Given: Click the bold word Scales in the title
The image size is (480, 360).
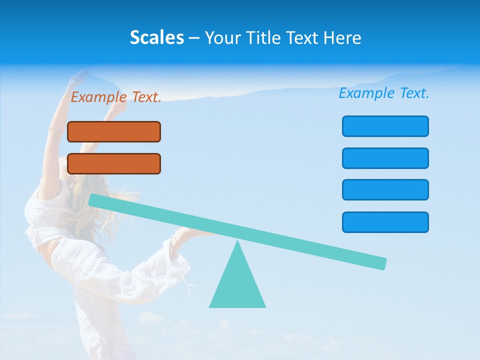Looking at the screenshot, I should coord(156,38).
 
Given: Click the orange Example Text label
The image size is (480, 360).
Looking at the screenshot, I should coord(116,97).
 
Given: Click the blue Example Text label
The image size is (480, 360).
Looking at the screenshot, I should coord(384,93).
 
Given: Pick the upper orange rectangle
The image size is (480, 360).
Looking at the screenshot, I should coord(114,131).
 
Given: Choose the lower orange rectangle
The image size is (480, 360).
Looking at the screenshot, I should coord(114,163).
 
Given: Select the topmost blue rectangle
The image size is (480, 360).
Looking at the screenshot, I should coord(385,126).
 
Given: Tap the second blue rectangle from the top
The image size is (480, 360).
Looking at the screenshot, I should coord(385,158).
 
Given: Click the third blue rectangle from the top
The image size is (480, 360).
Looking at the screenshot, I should coord(385,189).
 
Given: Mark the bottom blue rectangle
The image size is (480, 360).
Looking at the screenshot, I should coord(385,222).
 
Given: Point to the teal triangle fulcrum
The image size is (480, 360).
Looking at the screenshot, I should coord(237,285).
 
